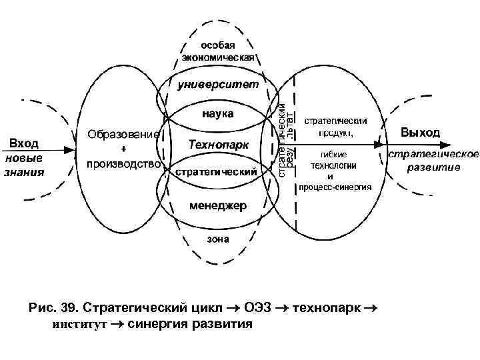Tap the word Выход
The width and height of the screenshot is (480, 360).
click(420, 133)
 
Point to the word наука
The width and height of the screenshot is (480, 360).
click(218, 114)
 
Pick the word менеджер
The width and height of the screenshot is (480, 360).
click(218, 205)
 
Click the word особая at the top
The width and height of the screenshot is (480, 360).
click(217, 44)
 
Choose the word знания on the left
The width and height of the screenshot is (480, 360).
click(25, 171)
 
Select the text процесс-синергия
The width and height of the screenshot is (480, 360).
click(335, 188)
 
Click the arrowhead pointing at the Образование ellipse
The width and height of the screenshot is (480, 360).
click(74, 150)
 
